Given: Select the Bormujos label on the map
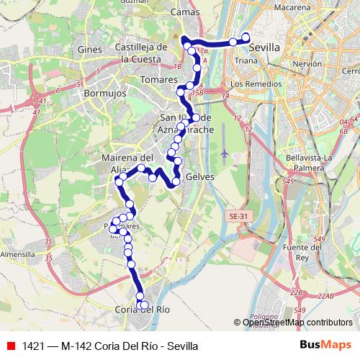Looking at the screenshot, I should coord(104,94).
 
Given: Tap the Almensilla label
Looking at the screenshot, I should coord(18,254).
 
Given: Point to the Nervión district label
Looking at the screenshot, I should coord(307,64).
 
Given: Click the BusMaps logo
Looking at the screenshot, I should coord(325,346).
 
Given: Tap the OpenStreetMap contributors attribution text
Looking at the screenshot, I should coord(297,323).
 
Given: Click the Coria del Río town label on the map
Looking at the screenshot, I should coord(142,310).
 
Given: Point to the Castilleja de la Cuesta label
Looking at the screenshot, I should coord(141,53).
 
